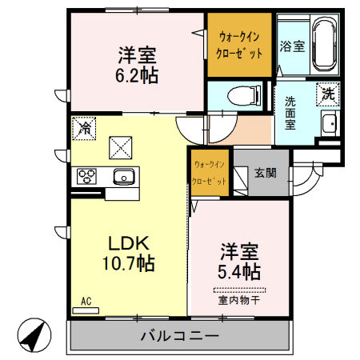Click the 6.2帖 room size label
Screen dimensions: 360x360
pos(138,76)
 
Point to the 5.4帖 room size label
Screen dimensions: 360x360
pos(238,271)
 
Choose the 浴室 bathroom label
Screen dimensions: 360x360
pos(291,46)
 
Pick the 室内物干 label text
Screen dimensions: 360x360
pos(238,301)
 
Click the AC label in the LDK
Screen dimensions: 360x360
pos(86,302)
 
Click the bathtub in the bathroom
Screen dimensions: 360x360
pos(325,46)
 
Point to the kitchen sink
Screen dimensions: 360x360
pos(123,177)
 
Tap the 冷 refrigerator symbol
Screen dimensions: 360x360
pos(84,127)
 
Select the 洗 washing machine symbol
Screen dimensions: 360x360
pos(328,94)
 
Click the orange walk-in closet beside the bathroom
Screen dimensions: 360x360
pos(239,46)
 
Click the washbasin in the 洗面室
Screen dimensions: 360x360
pos(330,124)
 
